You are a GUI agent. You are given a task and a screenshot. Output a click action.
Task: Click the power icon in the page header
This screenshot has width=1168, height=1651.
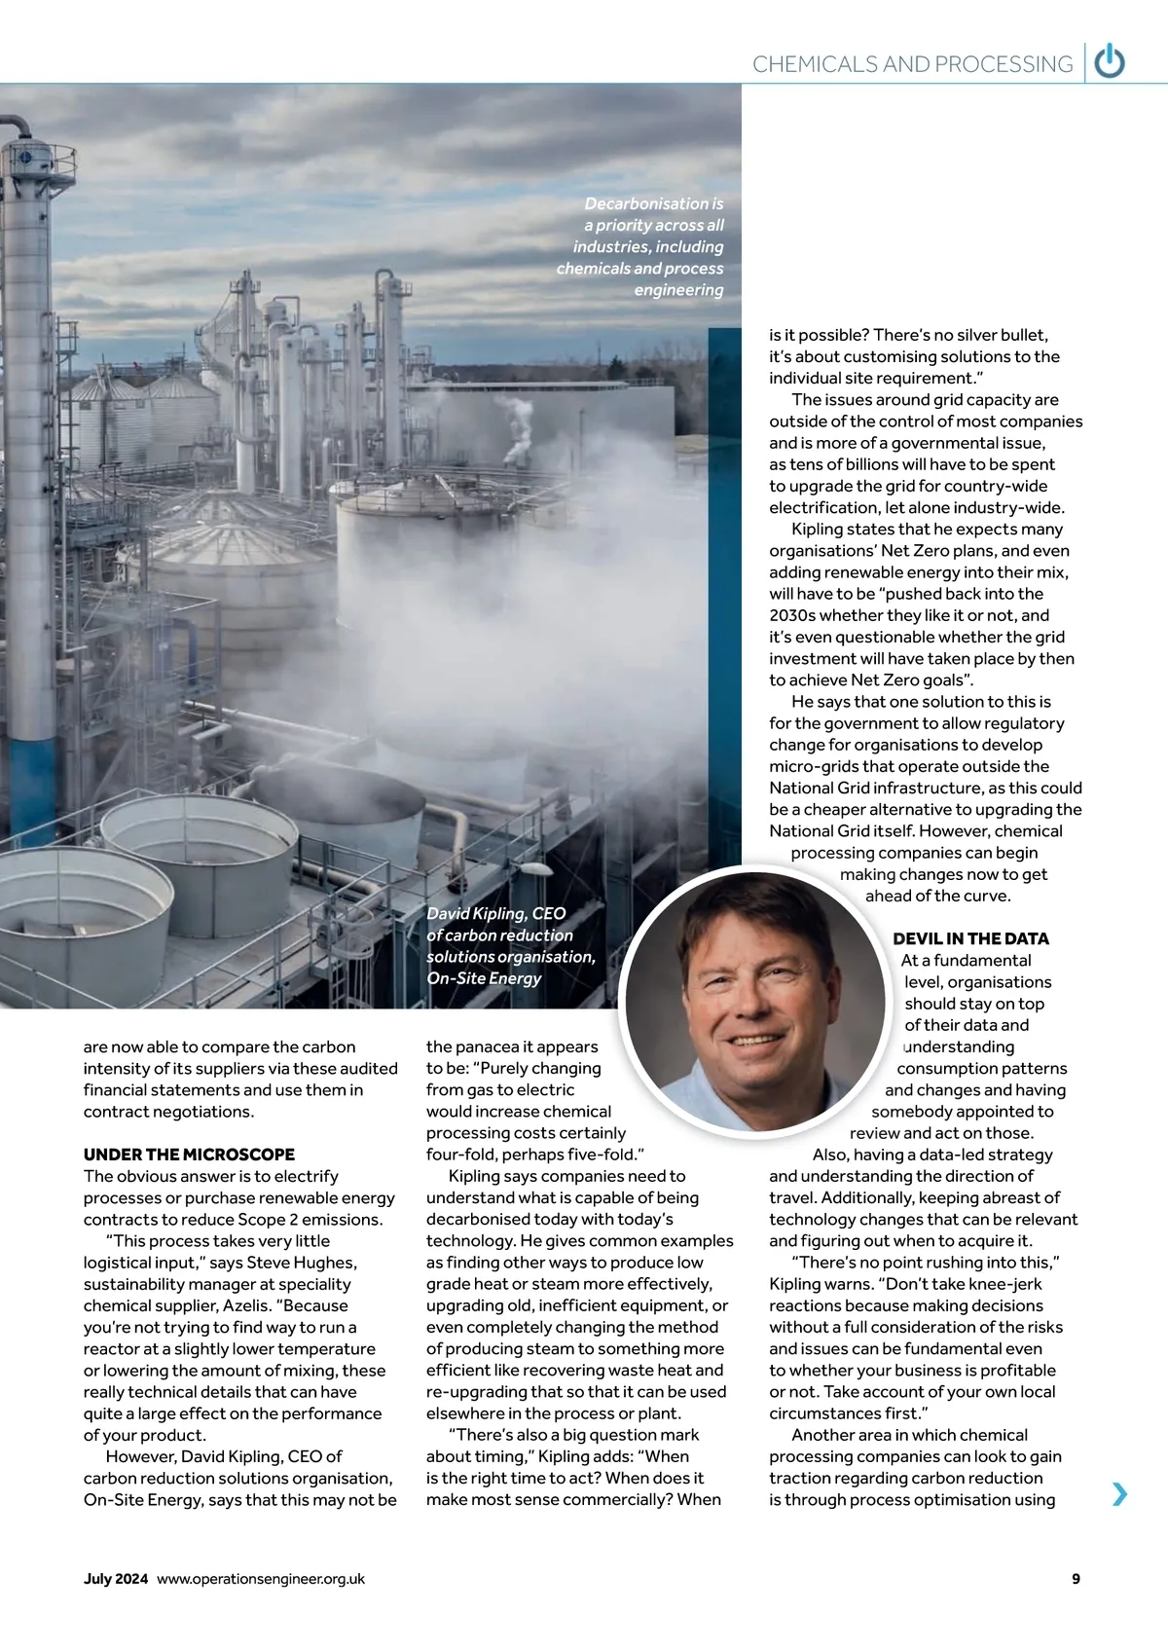click(x=1110, y=63)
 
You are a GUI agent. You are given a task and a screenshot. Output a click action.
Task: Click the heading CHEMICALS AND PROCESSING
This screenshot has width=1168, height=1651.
click(x=912, y=64)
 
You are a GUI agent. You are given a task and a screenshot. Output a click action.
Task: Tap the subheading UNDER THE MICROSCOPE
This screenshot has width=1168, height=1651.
click(x=189, y=1155)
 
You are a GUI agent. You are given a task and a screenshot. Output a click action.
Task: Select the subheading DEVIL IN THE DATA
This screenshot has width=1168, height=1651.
click(x=970, y=938)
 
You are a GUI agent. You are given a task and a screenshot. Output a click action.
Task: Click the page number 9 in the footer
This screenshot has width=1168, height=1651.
click(x=1076, y=1579)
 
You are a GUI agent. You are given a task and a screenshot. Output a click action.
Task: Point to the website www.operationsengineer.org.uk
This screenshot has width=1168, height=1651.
click(x=261, y=1579)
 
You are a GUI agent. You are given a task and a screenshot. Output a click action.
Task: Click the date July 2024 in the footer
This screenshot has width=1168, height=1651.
click(x=116, y=1579)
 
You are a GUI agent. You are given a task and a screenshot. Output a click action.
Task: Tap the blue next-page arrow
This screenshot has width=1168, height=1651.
click(x=1120, y=1493)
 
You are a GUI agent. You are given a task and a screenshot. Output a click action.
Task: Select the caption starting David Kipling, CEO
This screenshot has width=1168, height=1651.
click(x=510, y=945)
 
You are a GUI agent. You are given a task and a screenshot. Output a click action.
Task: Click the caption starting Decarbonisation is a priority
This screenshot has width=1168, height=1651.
click(x=642, y=246)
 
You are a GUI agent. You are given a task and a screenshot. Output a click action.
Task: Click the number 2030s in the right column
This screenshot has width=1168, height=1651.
click(x=793, y=615)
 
